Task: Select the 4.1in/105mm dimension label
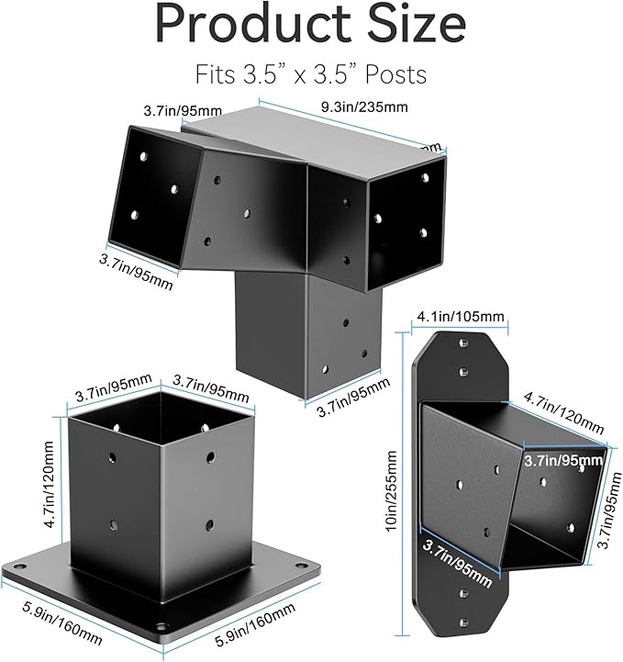(460, 317)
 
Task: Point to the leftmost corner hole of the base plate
(16, 561)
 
